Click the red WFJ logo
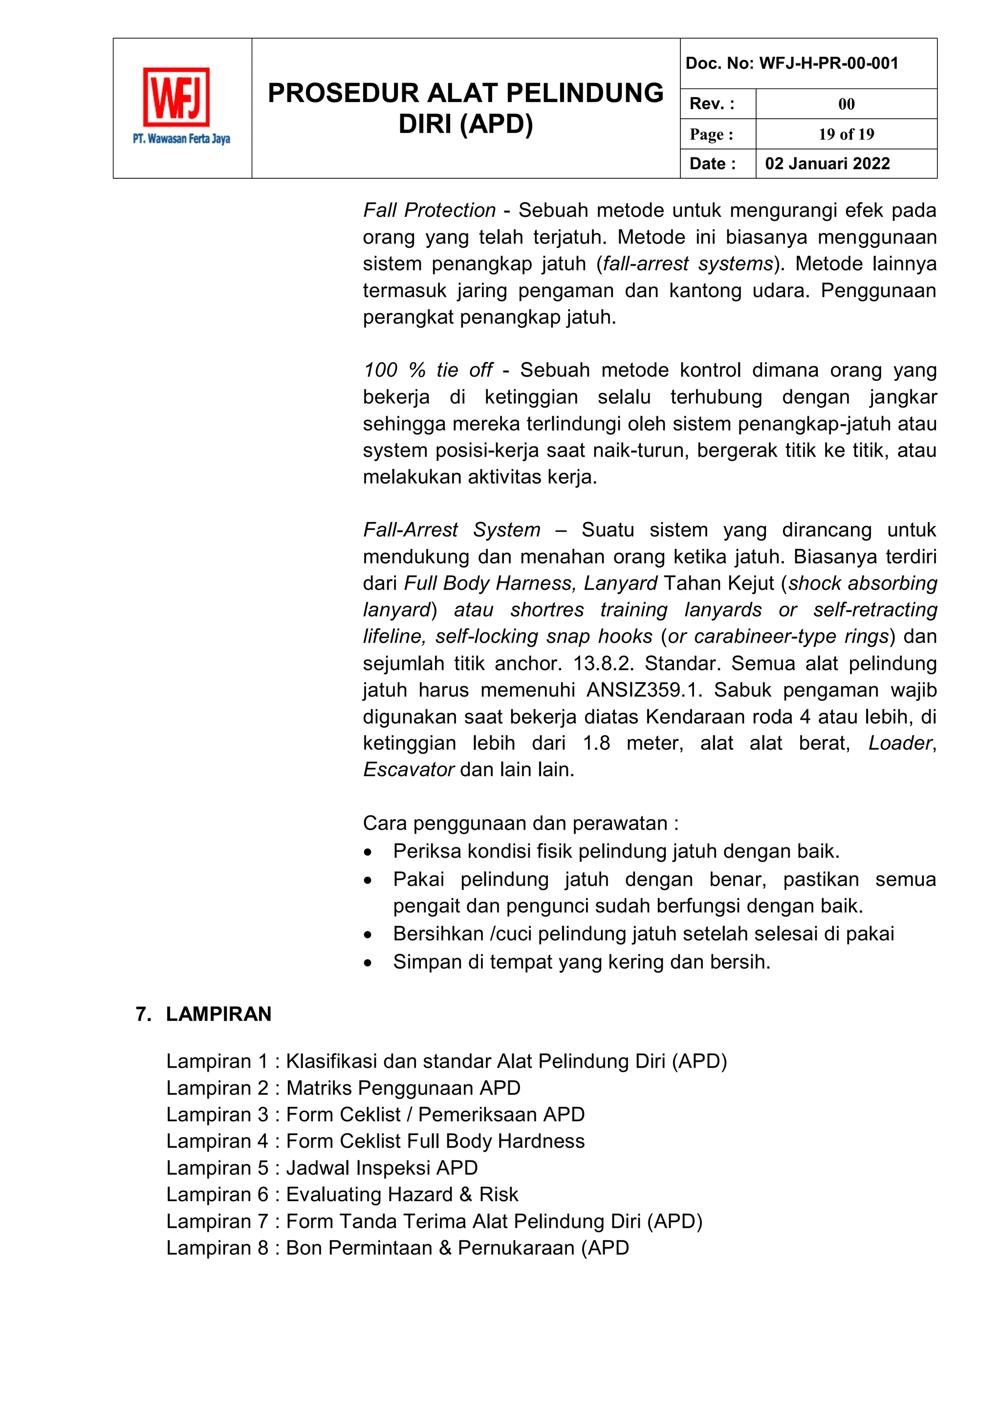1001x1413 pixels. click(x=176, y=97)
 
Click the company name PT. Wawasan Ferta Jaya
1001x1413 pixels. click(x=181, y=139)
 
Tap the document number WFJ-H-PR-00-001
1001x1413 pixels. click(x=828, y=63)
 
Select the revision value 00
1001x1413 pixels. click(x=846, y=104)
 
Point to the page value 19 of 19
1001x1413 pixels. click(x=846, y=134)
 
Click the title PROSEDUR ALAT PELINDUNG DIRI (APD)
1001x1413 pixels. click(x=465, y=108)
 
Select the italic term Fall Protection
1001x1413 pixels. click(x=429, y=211)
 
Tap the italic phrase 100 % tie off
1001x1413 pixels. click(x=428, y=370)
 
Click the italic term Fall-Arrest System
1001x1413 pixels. click(x=451, y=530)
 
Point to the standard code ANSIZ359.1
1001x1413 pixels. click(x=644, y=690)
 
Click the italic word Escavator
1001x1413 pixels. click(x=408, y=770)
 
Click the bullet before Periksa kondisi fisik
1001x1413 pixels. click(x=368, y=852)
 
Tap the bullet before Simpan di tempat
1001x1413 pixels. click(x=368, y=963)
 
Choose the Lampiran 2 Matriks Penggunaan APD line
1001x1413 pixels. click(x=343, y=1088)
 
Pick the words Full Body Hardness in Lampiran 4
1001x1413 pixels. click(x=496, y=1141)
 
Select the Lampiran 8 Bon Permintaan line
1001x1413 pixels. click(x=397, y=1248)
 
